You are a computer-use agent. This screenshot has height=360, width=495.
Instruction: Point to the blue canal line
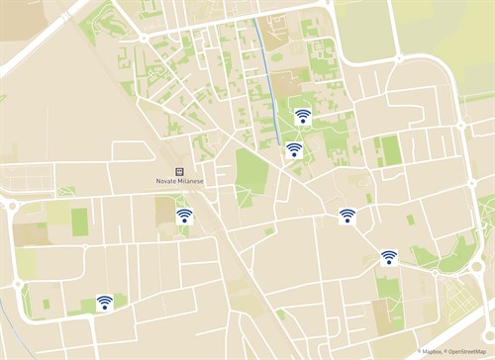(x=268, y=79)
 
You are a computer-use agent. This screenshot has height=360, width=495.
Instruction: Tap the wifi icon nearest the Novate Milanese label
(x=184, y=216)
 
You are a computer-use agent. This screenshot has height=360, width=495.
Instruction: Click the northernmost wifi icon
(x=302, y=116)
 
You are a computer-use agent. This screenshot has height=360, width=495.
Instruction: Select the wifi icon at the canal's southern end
(x=294, y=149)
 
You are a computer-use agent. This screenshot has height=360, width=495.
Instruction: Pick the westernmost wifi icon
(x=104, y=303)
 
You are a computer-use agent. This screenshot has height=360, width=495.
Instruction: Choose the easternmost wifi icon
(x=389, y=257)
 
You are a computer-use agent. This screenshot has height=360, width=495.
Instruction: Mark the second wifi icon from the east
(x=347, y=216)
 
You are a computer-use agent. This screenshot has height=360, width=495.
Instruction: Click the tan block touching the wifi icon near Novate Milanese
(x=165, y=210)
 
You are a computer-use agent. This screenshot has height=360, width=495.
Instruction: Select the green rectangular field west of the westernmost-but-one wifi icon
(x=79, y=222)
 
